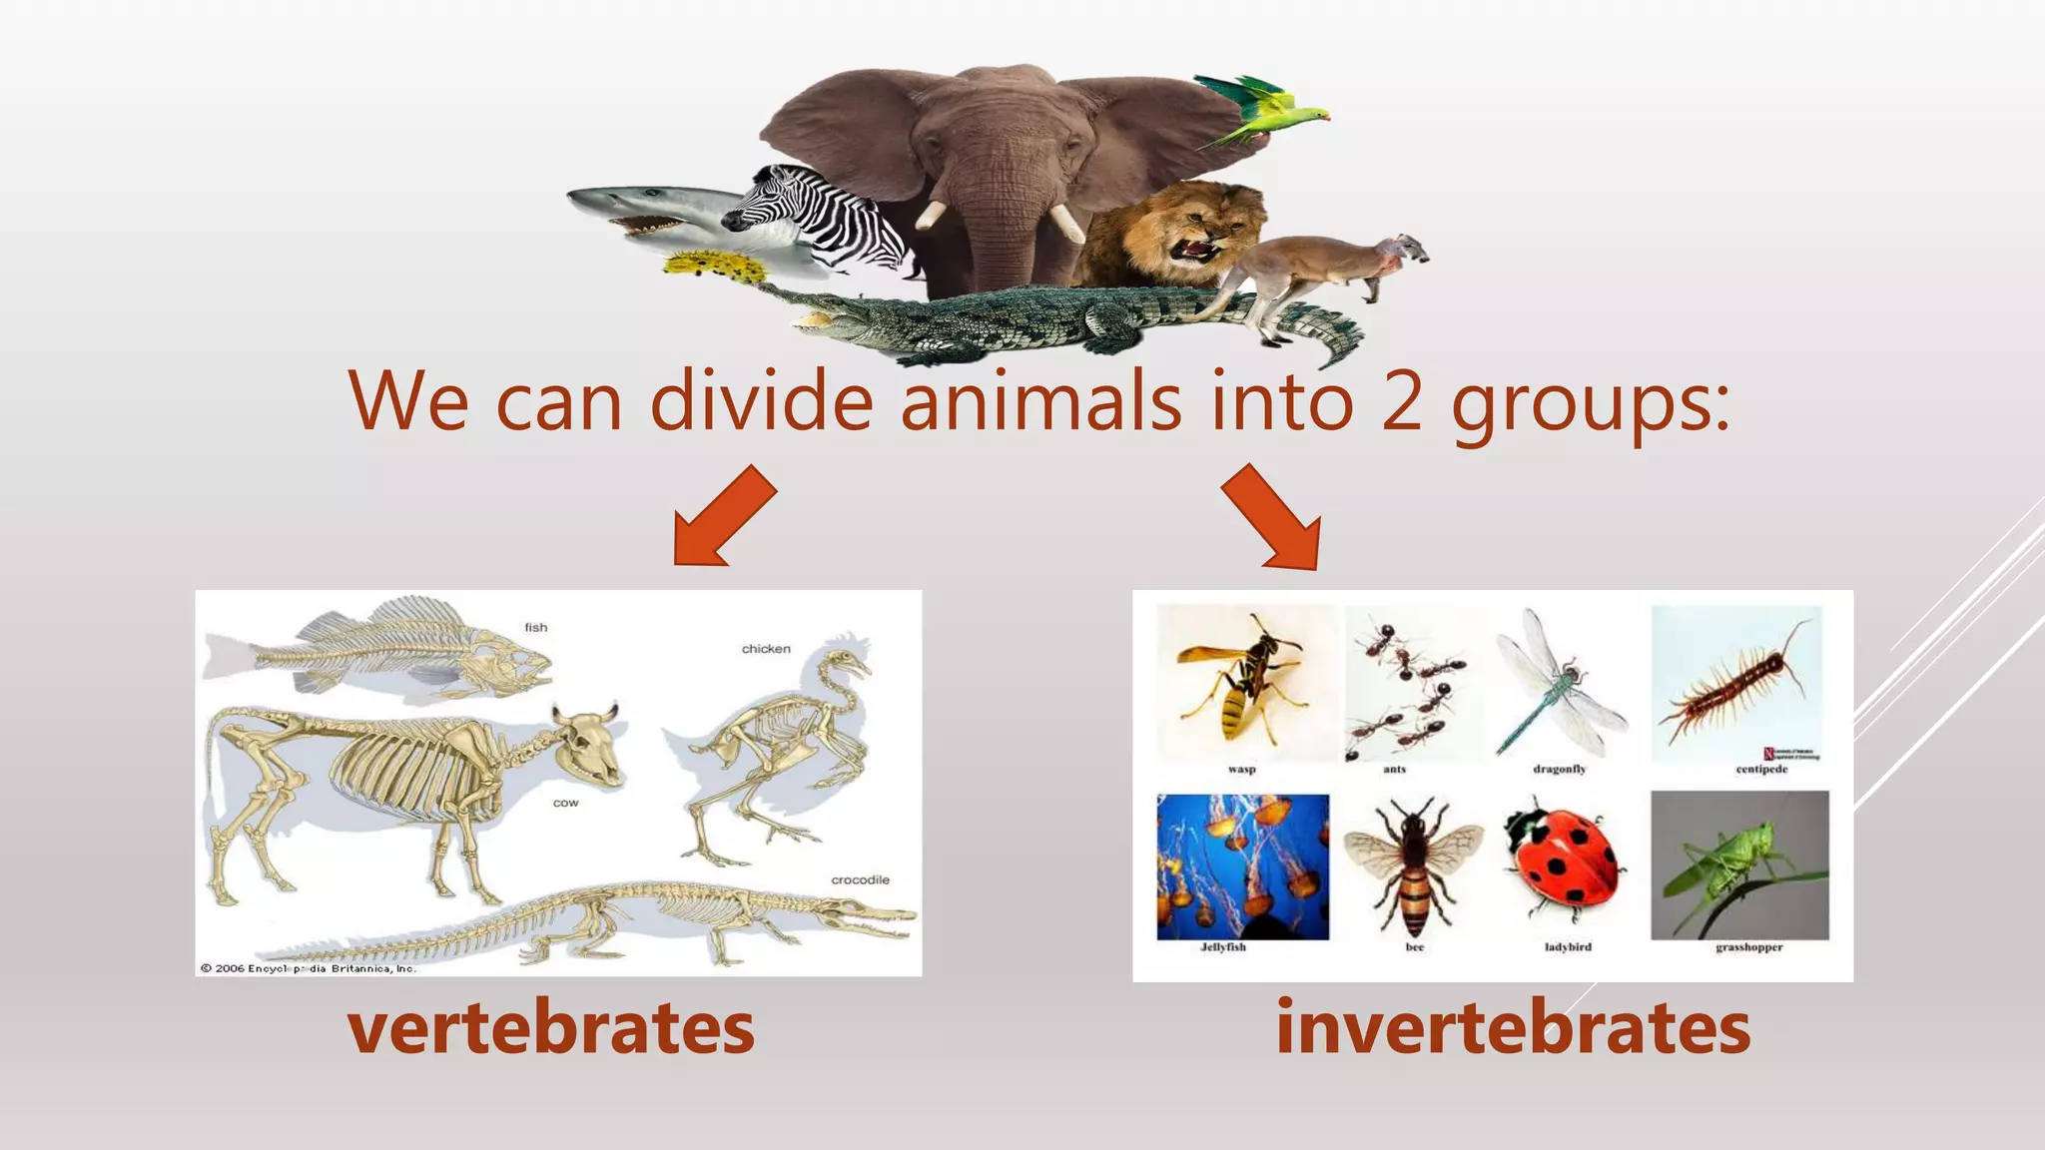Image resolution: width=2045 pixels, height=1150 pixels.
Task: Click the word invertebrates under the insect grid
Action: pos(1513,1028)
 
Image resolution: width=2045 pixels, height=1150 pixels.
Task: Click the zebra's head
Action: pos(769,200)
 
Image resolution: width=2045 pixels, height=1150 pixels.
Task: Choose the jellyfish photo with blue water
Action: pos(1242,865)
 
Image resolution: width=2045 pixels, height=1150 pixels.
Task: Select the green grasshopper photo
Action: pos(1739,864)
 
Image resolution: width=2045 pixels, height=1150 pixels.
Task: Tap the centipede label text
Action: pos(1761,770)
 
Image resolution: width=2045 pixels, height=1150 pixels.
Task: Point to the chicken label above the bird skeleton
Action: pos(766,649)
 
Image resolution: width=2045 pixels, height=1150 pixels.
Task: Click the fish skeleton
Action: pos(399,649)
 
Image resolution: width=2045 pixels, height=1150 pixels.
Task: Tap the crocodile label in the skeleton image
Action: pos(860,879)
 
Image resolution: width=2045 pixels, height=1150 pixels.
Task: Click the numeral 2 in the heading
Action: pos(1402,401)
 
